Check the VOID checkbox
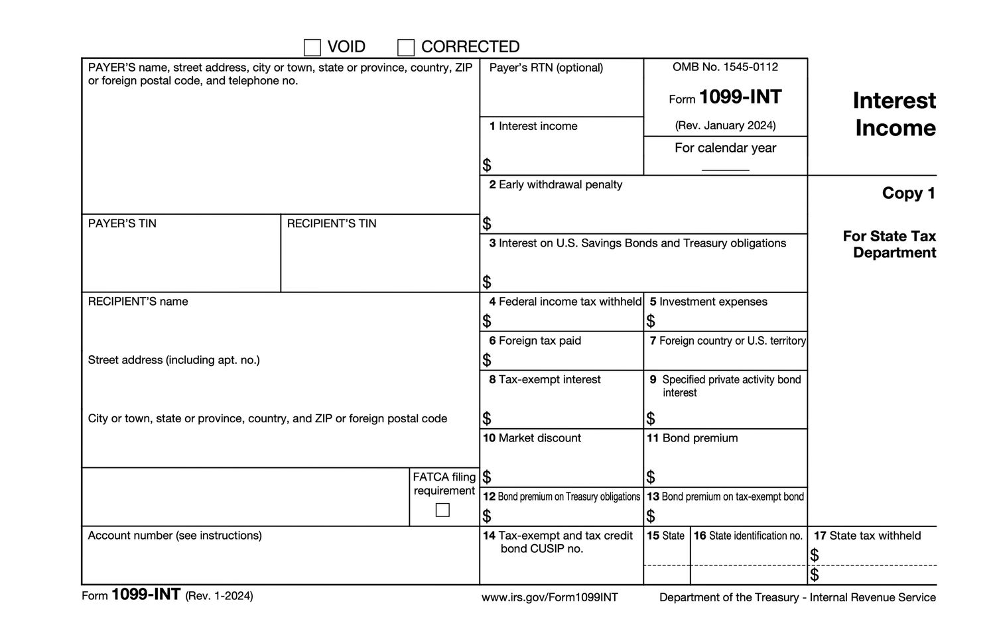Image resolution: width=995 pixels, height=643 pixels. tap(312, 48)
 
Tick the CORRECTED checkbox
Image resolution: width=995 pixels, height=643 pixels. tap(406, 48)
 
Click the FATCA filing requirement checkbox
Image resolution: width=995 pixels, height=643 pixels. tap(442, 510)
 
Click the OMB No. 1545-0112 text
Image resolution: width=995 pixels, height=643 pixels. tap(725, 67)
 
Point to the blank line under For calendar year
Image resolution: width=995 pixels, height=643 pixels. tap(725, 170)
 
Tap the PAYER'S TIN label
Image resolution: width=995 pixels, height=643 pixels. tap(122, 223)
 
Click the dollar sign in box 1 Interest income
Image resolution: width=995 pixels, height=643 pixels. tap(487, 164)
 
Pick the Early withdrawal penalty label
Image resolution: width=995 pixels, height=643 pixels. tap(560, 184)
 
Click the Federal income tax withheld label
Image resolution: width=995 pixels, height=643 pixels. tap(569, 302)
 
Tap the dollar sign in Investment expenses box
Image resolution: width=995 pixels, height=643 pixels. tap(651, 321)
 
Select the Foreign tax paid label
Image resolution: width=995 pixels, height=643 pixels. tap(539, 341)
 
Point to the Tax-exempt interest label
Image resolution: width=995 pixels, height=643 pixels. tap(549, 379)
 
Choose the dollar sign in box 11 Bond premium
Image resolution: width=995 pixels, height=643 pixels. tap(651, 477)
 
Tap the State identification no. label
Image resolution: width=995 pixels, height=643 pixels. tap(755, 536)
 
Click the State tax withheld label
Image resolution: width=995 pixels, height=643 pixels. tap(874, 536)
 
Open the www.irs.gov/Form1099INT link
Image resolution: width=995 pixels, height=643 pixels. tap(549, 597)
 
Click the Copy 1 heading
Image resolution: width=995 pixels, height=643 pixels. tap(908, 193)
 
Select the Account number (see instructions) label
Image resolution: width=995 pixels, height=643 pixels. tap(174, 535)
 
